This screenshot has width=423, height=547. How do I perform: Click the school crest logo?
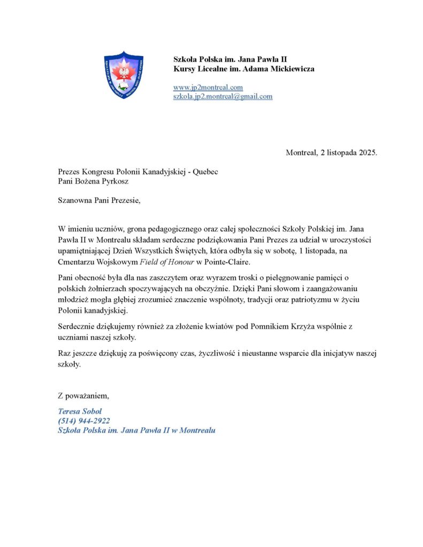pyautogui.click(x=124, y=75)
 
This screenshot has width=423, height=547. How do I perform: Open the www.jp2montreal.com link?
pyautogui.click(x=208, y=87)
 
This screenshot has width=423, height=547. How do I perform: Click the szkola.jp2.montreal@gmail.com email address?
pyautogui.click(x=222, y=97)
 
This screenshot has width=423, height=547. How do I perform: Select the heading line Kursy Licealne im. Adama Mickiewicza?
pyautogui.click(x=243, y=69)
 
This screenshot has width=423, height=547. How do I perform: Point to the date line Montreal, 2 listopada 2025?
pyautogui.click(x=332, y=153)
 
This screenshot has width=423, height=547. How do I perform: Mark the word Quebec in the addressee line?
pyautogui.click(x=205, y=172)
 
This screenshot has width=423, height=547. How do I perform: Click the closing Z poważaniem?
pyautogui.click(x=83, y=396)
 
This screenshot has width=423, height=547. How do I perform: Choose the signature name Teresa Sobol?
pyautogui.click(x=80, y=411)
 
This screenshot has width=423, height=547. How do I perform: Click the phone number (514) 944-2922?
pyautogui.click(x=83, y=421)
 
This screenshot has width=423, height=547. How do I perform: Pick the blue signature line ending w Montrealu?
pyautogui.click(x=136, y=431)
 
